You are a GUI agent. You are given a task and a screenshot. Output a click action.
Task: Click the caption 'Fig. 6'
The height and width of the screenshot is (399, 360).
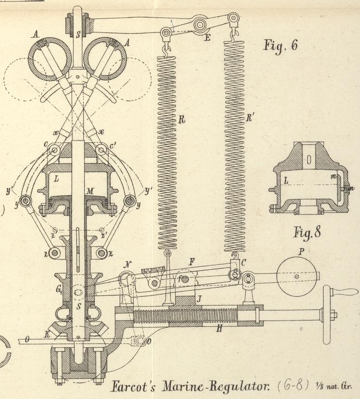click(x=280, y=45)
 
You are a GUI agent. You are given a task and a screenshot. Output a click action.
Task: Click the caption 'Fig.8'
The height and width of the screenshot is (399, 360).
click(x=307, y=232)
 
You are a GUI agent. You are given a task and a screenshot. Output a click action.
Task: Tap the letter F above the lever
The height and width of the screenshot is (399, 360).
click(x=192, y=262)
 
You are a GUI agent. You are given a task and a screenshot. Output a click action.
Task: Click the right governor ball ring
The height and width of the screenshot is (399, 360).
click(x=105, y=58)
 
